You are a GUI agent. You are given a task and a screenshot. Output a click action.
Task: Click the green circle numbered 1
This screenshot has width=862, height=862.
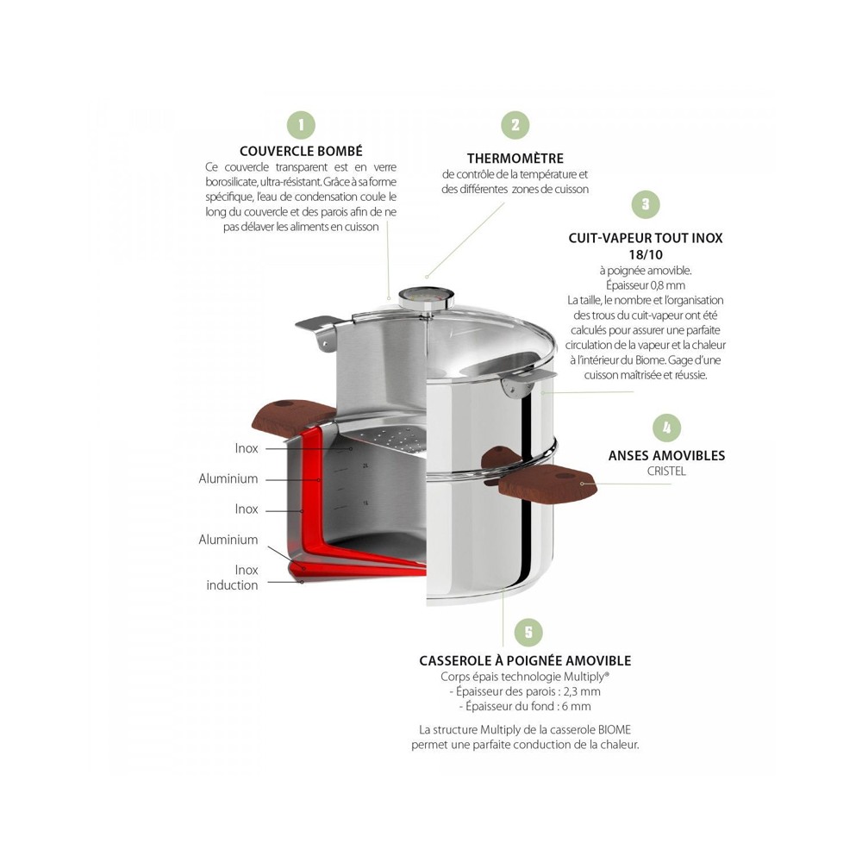301,125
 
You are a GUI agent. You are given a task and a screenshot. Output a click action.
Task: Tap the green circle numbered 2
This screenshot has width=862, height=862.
515,125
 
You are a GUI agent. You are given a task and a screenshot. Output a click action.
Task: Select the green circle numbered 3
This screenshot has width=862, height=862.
646,204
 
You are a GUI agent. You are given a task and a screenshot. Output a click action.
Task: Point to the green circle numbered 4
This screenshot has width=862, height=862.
667,428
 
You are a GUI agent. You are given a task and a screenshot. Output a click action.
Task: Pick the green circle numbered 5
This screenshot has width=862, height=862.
528,632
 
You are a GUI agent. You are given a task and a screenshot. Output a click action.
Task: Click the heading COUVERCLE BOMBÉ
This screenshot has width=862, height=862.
301,151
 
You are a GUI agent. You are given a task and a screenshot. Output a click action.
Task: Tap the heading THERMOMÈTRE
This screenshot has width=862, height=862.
515,159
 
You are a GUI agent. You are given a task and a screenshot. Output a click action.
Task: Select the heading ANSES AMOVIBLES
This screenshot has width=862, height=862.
667,455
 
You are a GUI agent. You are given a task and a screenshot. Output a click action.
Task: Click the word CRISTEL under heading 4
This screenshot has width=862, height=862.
666,472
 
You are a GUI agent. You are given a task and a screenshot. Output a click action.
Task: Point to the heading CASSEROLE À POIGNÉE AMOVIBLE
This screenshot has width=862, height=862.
525,660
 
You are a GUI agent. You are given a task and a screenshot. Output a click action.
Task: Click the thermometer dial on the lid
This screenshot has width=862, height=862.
426,299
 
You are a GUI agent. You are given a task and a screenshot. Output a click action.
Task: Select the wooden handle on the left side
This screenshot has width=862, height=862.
294,415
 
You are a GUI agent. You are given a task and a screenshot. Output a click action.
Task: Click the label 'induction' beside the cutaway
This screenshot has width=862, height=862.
232,585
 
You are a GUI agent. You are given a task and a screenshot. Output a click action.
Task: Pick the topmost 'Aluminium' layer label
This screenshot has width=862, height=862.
228,478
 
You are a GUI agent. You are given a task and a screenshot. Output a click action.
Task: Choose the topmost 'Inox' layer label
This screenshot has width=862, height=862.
247,448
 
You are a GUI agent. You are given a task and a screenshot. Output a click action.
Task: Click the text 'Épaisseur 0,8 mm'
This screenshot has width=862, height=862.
646,285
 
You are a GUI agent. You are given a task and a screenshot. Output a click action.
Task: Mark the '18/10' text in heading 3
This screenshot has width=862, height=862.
646,254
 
